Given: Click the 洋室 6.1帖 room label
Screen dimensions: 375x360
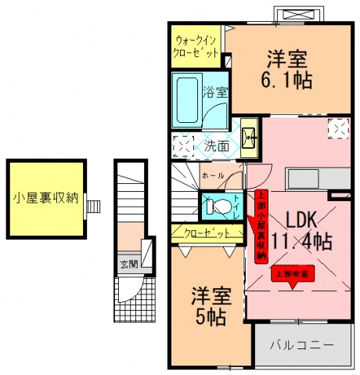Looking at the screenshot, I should (286, 69).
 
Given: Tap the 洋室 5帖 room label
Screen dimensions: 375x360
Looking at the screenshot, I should (210, 307).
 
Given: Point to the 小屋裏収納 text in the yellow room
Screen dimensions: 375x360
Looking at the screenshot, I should (45, 197).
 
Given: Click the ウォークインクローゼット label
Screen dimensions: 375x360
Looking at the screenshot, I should (196, 46).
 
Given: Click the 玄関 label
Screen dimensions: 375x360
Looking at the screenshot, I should (128, 264).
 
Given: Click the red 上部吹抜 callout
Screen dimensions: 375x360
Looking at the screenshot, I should (293, 275).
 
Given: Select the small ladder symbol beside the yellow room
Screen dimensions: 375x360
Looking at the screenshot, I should (95, 206).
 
